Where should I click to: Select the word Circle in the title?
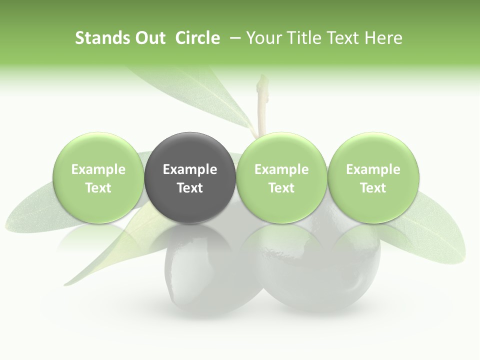coord(197,38)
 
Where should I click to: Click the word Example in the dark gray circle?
coord(190,169)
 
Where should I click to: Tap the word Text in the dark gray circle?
coord(190,188)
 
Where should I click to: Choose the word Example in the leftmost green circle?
coord(98,169)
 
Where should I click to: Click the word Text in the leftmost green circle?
coord(98,188)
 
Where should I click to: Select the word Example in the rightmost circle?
coord(373,169)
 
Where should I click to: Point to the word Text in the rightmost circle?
coord(373,188)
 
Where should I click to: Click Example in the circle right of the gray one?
coord(281,169)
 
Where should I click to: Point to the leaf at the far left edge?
coord(30,210)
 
